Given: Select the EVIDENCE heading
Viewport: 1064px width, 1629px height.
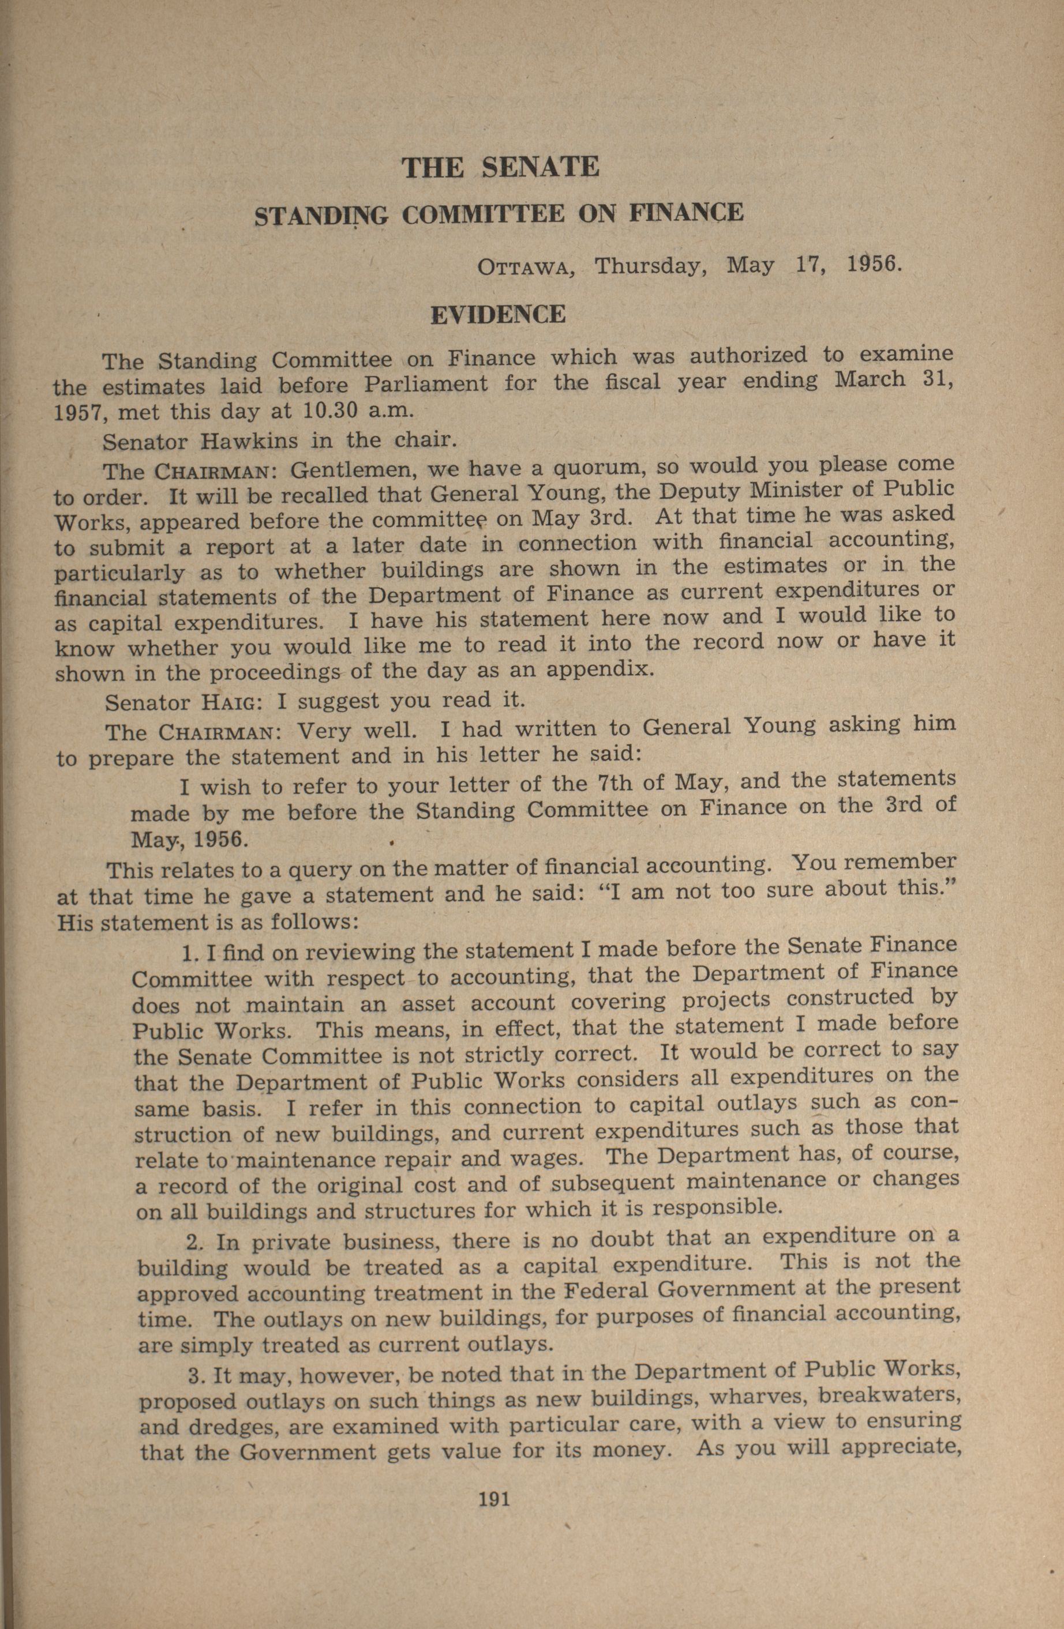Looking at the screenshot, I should [498, 314].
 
